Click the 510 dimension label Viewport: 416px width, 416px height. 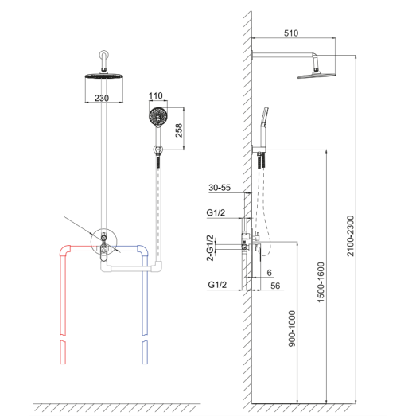291,33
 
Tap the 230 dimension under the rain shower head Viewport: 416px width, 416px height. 102,98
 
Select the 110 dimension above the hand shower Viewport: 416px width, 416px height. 155,95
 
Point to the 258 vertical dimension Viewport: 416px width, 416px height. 179,130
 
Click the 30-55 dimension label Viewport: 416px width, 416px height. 220,188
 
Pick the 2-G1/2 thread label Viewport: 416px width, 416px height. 210,248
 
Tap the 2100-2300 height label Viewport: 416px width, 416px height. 351,236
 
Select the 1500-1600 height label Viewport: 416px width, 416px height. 321,282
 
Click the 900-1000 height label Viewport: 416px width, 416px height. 292,329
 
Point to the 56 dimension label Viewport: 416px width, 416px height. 275,286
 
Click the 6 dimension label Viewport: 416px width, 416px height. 270,273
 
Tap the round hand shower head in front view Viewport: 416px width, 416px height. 158,117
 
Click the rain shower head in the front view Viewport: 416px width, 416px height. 103,76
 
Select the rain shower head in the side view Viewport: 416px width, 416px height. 317,76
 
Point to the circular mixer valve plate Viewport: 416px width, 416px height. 104,242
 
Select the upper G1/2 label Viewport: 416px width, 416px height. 216,212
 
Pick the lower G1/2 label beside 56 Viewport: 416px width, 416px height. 217,285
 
